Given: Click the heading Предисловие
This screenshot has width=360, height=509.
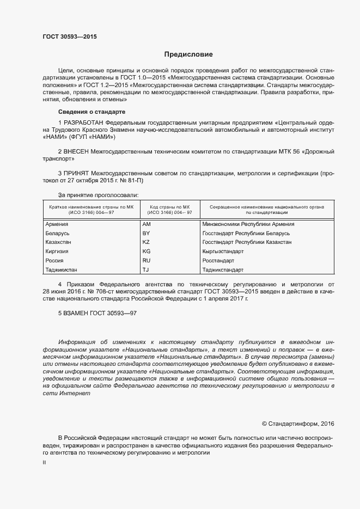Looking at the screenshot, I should [188, 54].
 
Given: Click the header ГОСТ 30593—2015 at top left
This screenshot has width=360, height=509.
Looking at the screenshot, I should [70, 37].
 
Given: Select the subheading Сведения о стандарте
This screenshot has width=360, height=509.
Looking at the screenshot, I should [91, 111].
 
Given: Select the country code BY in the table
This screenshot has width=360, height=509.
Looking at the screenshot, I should [145, 233].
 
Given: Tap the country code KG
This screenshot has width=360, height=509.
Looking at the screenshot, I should [146, 252].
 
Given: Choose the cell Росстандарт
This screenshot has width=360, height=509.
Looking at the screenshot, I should [218, 261].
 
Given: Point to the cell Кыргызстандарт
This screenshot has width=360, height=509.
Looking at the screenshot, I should [223, 252].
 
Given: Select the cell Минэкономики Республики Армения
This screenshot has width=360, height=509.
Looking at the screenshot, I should [248, 224].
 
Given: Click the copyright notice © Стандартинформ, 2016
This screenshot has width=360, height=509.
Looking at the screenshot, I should [298, 424].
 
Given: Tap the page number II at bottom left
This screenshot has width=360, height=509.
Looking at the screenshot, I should [44, 463].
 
